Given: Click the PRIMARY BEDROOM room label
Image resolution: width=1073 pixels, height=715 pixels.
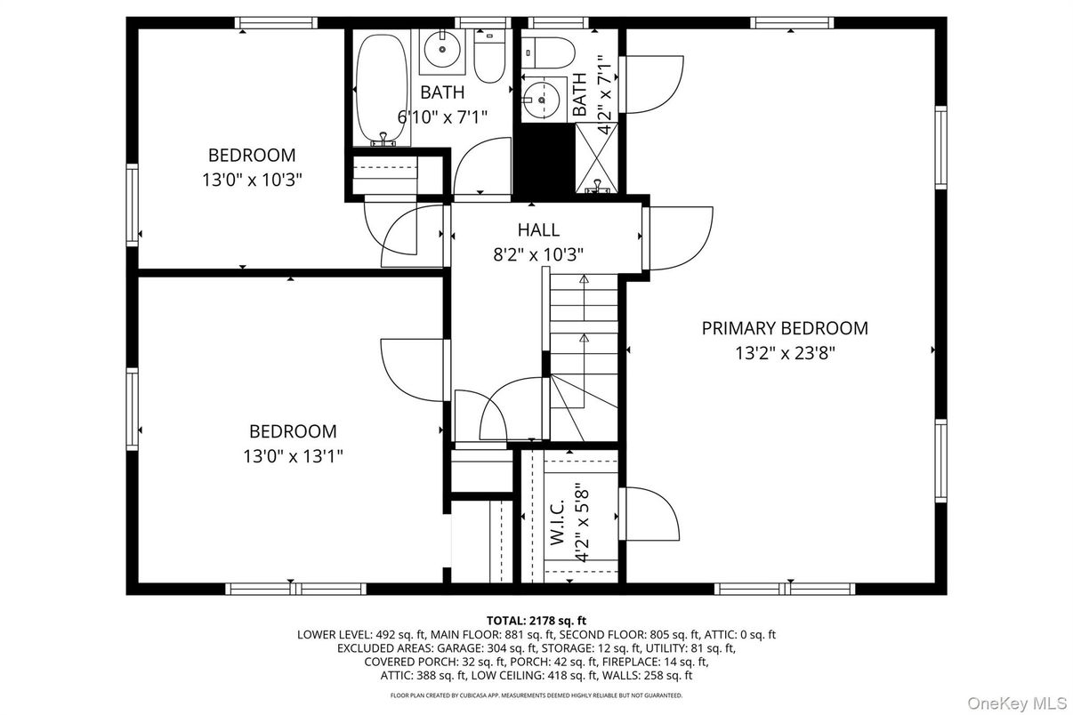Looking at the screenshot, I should [784, 328].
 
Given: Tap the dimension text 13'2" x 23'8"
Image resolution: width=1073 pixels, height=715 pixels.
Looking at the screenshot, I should [784, 353].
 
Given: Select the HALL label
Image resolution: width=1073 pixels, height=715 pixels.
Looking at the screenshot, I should [538, 230].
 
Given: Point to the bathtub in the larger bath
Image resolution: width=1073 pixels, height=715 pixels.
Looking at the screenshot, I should [382, 90].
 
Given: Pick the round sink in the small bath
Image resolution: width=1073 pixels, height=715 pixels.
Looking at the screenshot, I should [539, 99].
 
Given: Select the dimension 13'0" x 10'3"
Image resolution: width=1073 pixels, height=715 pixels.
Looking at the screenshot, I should [252, 179].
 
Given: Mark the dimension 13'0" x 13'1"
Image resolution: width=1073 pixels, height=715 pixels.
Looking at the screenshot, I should [293, 456].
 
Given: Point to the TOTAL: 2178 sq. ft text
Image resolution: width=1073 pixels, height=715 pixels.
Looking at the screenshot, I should [536, 620].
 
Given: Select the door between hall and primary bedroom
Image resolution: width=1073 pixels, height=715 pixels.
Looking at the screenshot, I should [678, 237].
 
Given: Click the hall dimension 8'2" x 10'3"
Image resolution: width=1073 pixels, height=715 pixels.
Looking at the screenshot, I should [538, 254].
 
